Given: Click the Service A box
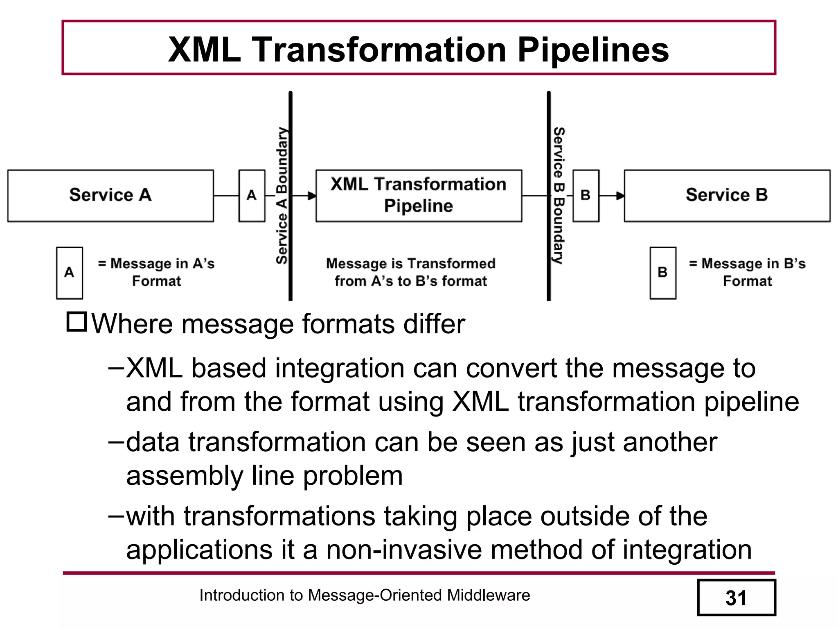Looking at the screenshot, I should [110, 196].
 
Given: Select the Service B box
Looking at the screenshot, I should [727, 196].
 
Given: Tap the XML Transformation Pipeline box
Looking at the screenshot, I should [419, 196].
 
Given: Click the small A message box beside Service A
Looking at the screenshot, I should [252, 196].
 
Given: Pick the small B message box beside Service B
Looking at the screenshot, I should [586, 196].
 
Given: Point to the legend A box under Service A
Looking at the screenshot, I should [70, 273].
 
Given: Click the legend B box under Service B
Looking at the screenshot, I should [662, 273].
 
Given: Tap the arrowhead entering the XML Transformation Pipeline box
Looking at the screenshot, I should [312, 196].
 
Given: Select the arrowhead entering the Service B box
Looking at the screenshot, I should [620, 196].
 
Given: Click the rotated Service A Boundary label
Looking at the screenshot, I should [282, 196].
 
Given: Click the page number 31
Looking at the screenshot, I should [736, 598].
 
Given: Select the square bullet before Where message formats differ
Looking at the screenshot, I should [77, 322].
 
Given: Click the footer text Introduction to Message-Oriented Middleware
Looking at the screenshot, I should [364, 595].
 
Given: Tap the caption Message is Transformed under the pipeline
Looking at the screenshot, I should [410, 264].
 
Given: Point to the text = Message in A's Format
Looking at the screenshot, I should [156, 272].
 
